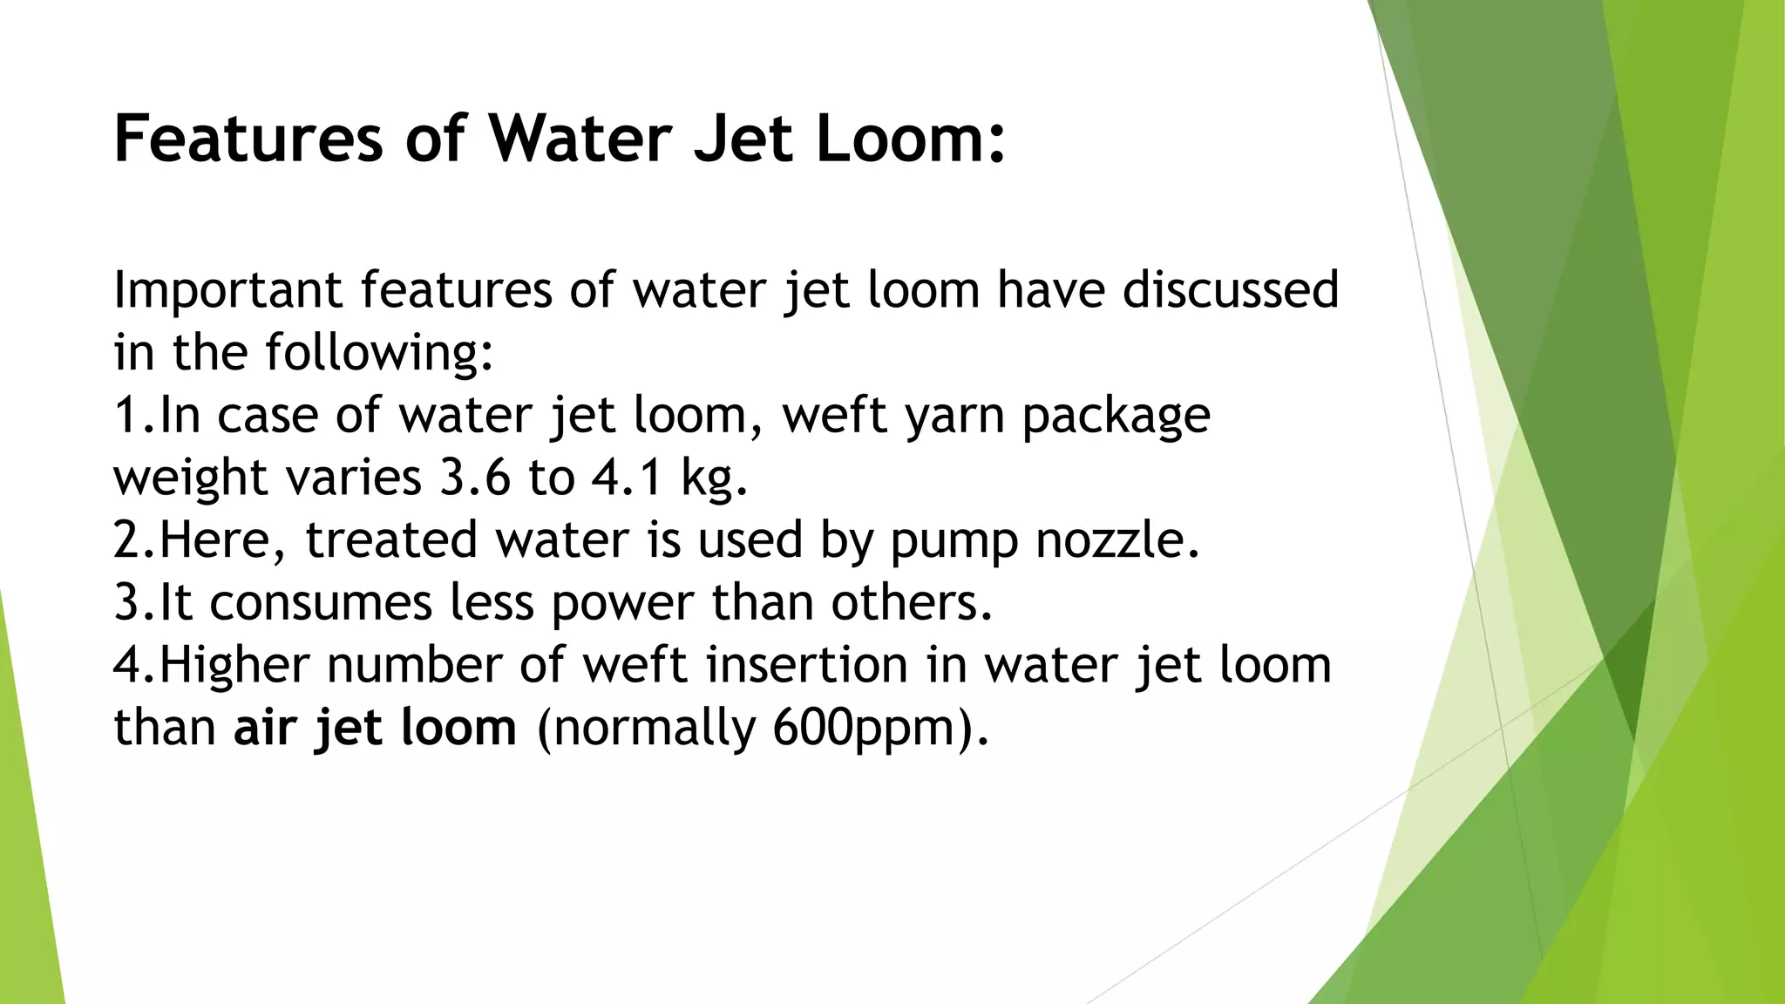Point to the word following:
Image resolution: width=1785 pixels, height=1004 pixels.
380,352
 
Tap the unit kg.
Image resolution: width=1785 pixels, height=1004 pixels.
714,479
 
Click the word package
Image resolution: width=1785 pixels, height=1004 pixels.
1116,417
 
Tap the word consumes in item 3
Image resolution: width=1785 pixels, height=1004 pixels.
321,602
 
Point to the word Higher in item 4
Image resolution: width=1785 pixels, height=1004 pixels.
234,665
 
